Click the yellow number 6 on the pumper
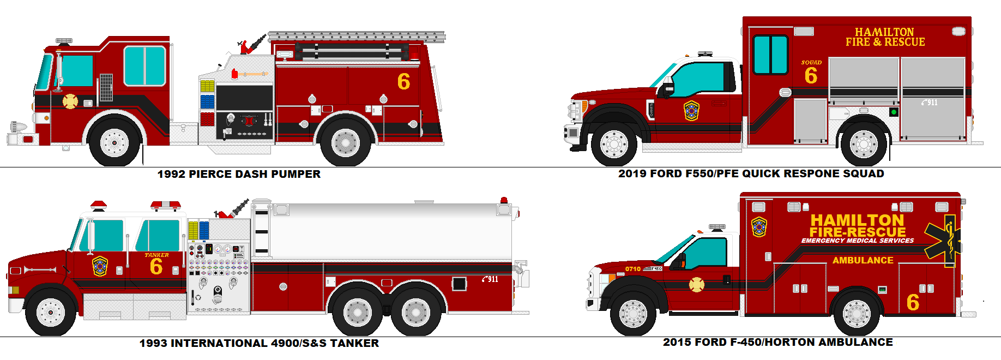coord(403,82)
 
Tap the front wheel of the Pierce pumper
coord(114,142)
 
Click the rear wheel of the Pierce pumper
coord(346,143)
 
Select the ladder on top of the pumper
coord(357,37)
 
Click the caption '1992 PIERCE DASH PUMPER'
coord(239,174)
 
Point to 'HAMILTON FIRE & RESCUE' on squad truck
coord(885,37)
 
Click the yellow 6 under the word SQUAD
coord(811,76)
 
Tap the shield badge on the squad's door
coord(691,111)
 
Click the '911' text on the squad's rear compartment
coord(930,103)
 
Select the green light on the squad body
coord(894,112)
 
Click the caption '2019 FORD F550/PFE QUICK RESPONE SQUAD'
coord(751,173)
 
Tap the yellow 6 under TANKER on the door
coord(156,267)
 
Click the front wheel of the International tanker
coord(50,312)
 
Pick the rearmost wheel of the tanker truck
coord(415,312)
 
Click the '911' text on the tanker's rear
coord(490,279)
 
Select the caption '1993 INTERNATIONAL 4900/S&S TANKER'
coord(259,343)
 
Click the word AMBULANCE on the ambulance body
coord(863,261)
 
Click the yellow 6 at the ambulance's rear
coord(913,302)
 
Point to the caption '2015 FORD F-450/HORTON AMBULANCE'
coord(777,342)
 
